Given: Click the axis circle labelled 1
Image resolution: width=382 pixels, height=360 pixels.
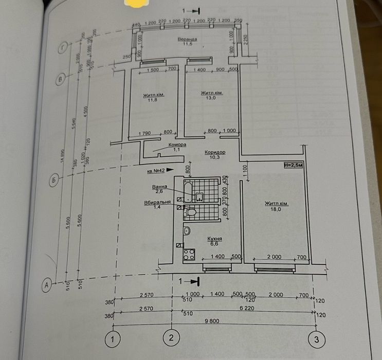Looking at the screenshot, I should pos(113,339).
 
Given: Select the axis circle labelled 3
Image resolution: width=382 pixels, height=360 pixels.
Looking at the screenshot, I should pos(316,339).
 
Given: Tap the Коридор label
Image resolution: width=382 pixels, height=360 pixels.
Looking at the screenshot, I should pos(214,152).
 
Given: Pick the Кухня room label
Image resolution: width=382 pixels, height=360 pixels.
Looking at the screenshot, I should pos(215,239).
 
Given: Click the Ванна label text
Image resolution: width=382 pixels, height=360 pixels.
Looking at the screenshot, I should pos(159,187).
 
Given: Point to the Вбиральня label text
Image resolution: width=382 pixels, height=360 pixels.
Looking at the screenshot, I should pos(157,203).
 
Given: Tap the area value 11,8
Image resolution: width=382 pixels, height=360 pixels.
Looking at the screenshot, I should pos(152,101).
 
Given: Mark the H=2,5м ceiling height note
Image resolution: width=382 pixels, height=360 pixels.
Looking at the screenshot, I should pos(293,166).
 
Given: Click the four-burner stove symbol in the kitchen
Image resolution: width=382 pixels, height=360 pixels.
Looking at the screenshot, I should pos(189,254).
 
